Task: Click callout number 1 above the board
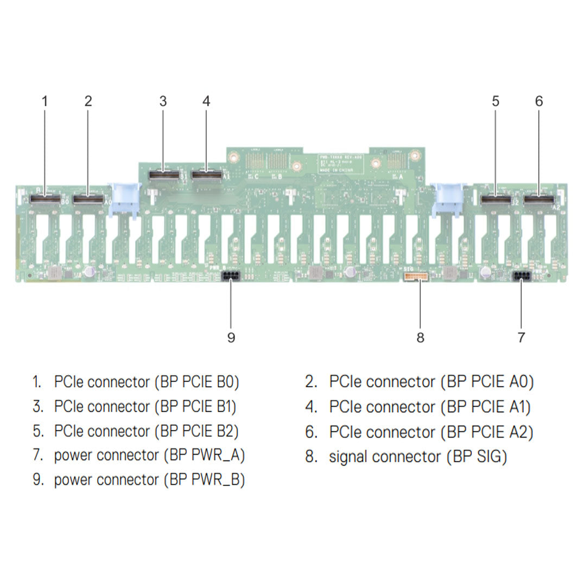pos(45,101)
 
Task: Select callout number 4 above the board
pos(206,101)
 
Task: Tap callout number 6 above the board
pos(538,101)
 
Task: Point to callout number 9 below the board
pos(231,337)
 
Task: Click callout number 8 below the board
pos(420,337)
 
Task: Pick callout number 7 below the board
pos(521,337)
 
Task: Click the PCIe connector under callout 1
pos(45,200)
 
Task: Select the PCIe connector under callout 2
pos(88,200)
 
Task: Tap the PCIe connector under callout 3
pos(163,175)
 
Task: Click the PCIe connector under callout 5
pos(496,201)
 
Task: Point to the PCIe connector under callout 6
pos(538,201)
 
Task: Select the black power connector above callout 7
pos(521,276)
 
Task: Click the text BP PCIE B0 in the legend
pos(197,382)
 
